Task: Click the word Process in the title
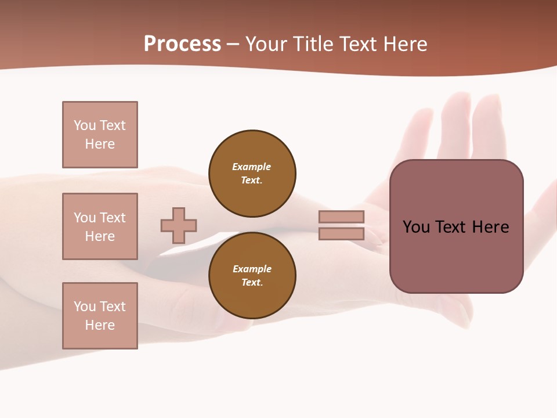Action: (x=182, y=44)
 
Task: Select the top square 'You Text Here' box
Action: (x=100, y=135)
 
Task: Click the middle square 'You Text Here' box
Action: (x=100, y=226)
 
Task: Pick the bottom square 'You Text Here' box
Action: (x=100, y=315)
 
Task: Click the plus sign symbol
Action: (x=179, y=225)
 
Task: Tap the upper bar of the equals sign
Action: (x=342, y=217)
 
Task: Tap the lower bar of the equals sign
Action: (x=342, y=234)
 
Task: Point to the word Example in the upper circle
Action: (x=252, y=167)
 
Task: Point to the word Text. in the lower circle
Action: (x=252, y=282)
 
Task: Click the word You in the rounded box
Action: (x=415, y=227)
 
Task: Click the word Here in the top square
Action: (x=100, y=144)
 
